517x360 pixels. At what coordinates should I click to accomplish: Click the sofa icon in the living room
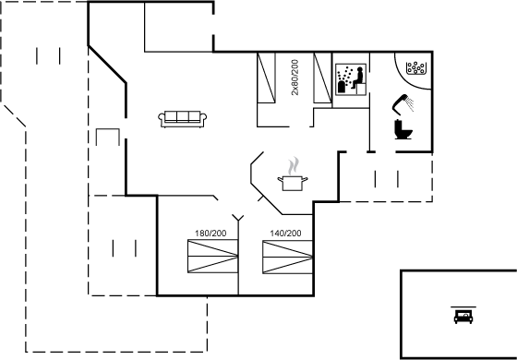click(182, 118)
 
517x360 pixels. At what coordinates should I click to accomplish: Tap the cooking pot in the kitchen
click(293, 182)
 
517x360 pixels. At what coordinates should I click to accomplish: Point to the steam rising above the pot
click(294, 165)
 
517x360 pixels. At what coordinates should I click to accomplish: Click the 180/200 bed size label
click(210, 234)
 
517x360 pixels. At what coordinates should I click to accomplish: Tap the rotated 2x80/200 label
click(295, 78)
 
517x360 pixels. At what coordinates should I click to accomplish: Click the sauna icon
click(349, 78)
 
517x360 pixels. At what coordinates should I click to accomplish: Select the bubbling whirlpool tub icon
click(415, 68)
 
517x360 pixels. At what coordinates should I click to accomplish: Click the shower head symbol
click(403, 101)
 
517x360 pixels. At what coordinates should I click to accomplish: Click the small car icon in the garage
click(461, 316)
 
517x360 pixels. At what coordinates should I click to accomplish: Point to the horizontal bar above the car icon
click(461, 306)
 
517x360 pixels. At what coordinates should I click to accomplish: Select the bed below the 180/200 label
click(210, 257)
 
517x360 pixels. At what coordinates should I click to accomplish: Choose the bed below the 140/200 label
click(285, 257)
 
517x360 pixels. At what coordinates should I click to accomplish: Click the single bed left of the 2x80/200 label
click(268, 78)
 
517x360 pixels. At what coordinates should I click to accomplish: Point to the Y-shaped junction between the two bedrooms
click(238, 220)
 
